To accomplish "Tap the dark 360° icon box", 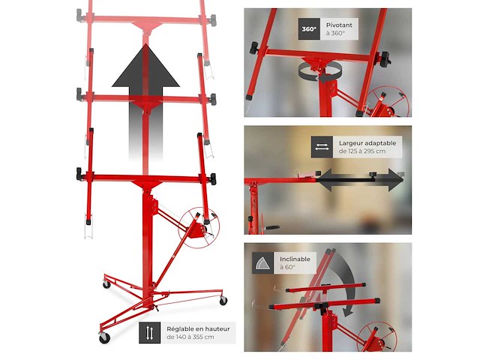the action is [x=309, y=29].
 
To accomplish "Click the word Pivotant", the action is [x=339, y=25].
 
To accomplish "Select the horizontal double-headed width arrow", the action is [x=360, y=180].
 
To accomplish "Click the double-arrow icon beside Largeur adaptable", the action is [x=322, y=147].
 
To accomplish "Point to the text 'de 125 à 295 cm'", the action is [x=362, y=151].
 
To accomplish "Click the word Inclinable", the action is [x=295, y=259].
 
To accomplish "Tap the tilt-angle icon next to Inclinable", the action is [x=263, y=263].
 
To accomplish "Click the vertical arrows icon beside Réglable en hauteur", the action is [x=150, y=333].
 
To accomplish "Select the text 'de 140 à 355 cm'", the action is [x=190, y=337].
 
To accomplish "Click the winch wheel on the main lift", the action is [x=199, y=228].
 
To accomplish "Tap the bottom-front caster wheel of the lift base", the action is [x=104, y=337].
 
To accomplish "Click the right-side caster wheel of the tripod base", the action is [x=223, y=301].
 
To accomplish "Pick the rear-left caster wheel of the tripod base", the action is [x=106, y=284].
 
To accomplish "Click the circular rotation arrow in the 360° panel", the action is [x=320, y=73].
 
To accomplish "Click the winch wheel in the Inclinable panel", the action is [x=376, y=337].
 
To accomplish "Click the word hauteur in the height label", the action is [x=217, y=329].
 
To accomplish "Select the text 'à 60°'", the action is [x=288, y=267].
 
